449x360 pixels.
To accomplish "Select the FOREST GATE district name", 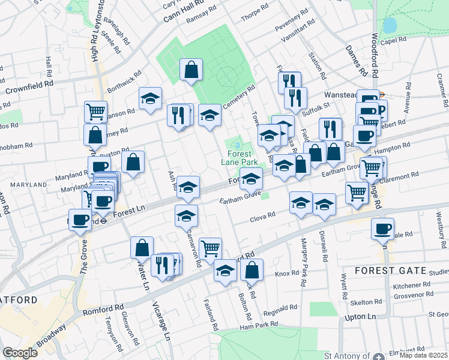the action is tap(390, 271).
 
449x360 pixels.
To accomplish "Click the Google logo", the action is tap(20, 353).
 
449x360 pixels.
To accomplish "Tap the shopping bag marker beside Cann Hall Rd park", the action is tap(191, 70).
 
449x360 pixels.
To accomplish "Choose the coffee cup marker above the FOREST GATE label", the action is tap(383, 229).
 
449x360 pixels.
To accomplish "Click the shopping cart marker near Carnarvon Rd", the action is tap(210, 248).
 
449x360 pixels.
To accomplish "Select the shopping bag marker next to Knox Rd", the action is tap(252, 271).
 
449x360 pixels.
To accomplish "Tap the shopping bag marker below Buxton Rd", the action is tap(133, 161).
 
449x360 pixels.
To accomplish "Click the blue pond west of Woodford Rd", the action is tap(390, 26).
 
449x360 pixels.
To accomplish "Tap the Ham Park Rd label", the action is tap(259, 325).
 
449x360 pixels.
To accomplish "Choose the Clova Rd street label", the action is tap(262, 216).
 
